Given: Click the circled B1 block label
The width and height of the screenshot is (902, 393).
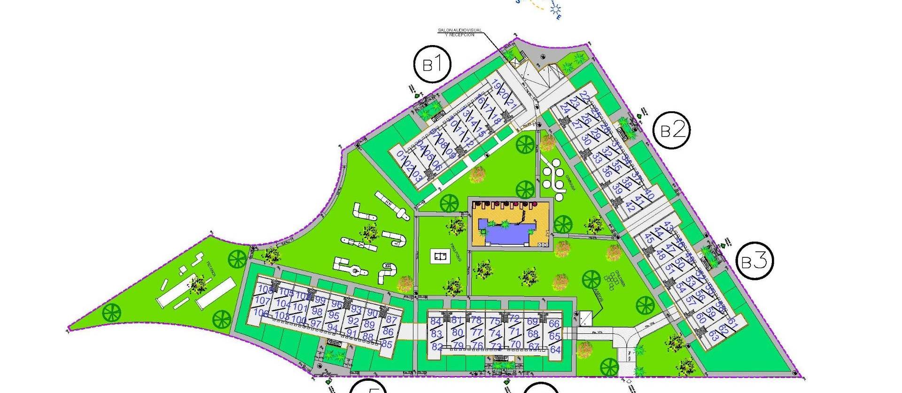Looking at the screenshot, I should click(432, 64).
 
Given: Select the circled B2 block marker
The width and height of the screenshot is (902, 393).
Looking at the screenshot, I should click(672, 130).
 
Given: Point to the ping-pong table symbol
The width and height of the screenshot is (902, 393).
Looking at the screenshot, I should click(440, 256).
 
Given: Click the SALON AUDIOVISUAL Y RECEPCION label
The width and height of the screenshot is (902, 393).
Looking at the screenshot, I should click(460, 32).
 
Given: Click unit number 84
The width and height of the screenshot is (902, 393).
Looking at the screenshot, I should click(436, 322).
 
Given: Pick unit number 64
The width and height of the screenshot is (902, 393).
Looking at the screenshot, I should click(555, 350).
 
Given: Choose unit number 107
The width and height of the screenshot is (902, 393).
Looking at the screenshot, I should click(263, 301).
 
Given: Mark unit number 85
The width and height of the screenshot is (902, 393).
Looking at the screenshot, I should click(387, 344).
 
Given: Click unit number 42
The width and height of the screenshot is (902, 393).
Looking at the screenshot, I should click(630, 208).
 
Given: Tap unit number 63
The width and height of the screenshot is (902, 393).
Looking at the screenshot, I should click(714, 336).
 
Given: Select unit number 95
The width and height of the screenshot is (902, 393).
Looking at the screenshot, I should click(334, 316).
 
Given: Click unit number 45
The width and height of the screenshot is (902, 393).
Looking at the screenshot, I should click(649, 238).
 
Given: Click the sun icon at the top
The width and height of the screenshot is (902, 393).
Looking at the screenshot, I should click(557, 8).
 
